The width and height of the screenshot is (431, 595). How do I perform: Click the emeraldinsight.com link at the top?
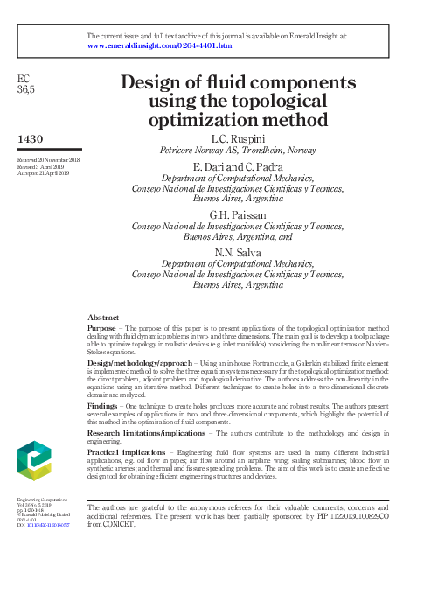[x=160, y=45]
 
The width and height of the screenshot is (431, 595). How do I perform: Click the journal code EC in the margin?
[x=24, y=79]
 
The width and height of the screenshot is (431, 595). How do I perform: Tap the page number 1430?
[x=31, y=139]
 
